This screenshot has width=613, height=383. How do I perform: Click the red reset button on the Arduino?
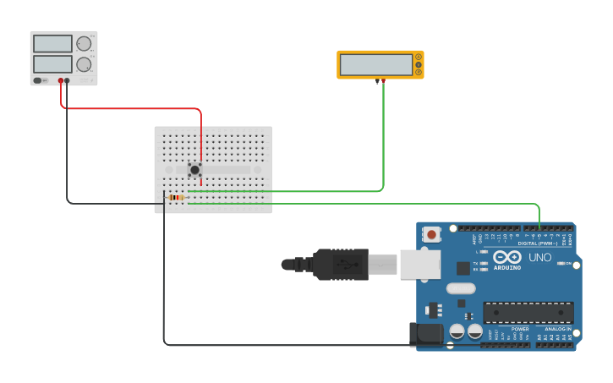pos(432,234)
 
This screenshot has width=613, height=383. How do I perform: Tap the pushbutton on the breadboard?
pos(195,169)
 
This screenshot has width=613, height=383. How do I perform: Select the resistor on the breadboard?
pos(176,198)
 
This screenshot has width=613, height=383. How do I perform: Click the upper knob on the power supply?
pos(83,44)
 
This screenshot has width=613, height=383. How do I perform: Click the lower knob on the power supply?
pos(83,64)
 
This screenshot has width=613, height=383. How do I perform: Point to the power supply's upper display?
pos(52,44)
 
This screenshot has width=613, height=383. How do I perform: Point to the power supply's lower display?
pos(52,63)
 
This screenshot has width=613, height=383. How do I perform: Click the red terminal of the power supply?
pos(61,81)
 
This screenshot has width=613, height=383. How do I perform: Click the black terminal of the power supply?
pos(68,81)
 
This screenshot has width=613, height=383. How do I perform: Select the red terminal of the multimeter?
pos(383,80)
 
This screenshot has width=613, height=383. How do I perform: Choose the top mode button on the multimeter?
pos(418,57)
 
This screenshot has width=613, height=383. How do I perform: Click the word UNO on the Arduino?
pos(539,257)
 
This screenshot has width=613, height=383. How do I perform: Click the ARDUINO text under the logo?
pos(507,268)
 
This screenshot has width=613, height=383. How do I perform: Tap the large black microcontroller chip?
pos(528,312)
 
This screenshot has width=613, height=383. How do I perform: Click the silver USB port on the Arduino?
pos(420,264)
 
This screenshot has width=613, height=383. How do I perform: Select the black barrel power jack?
pos(426,334)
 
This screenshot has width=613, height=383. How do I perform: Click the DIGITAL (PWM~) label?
pos(543,243)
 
